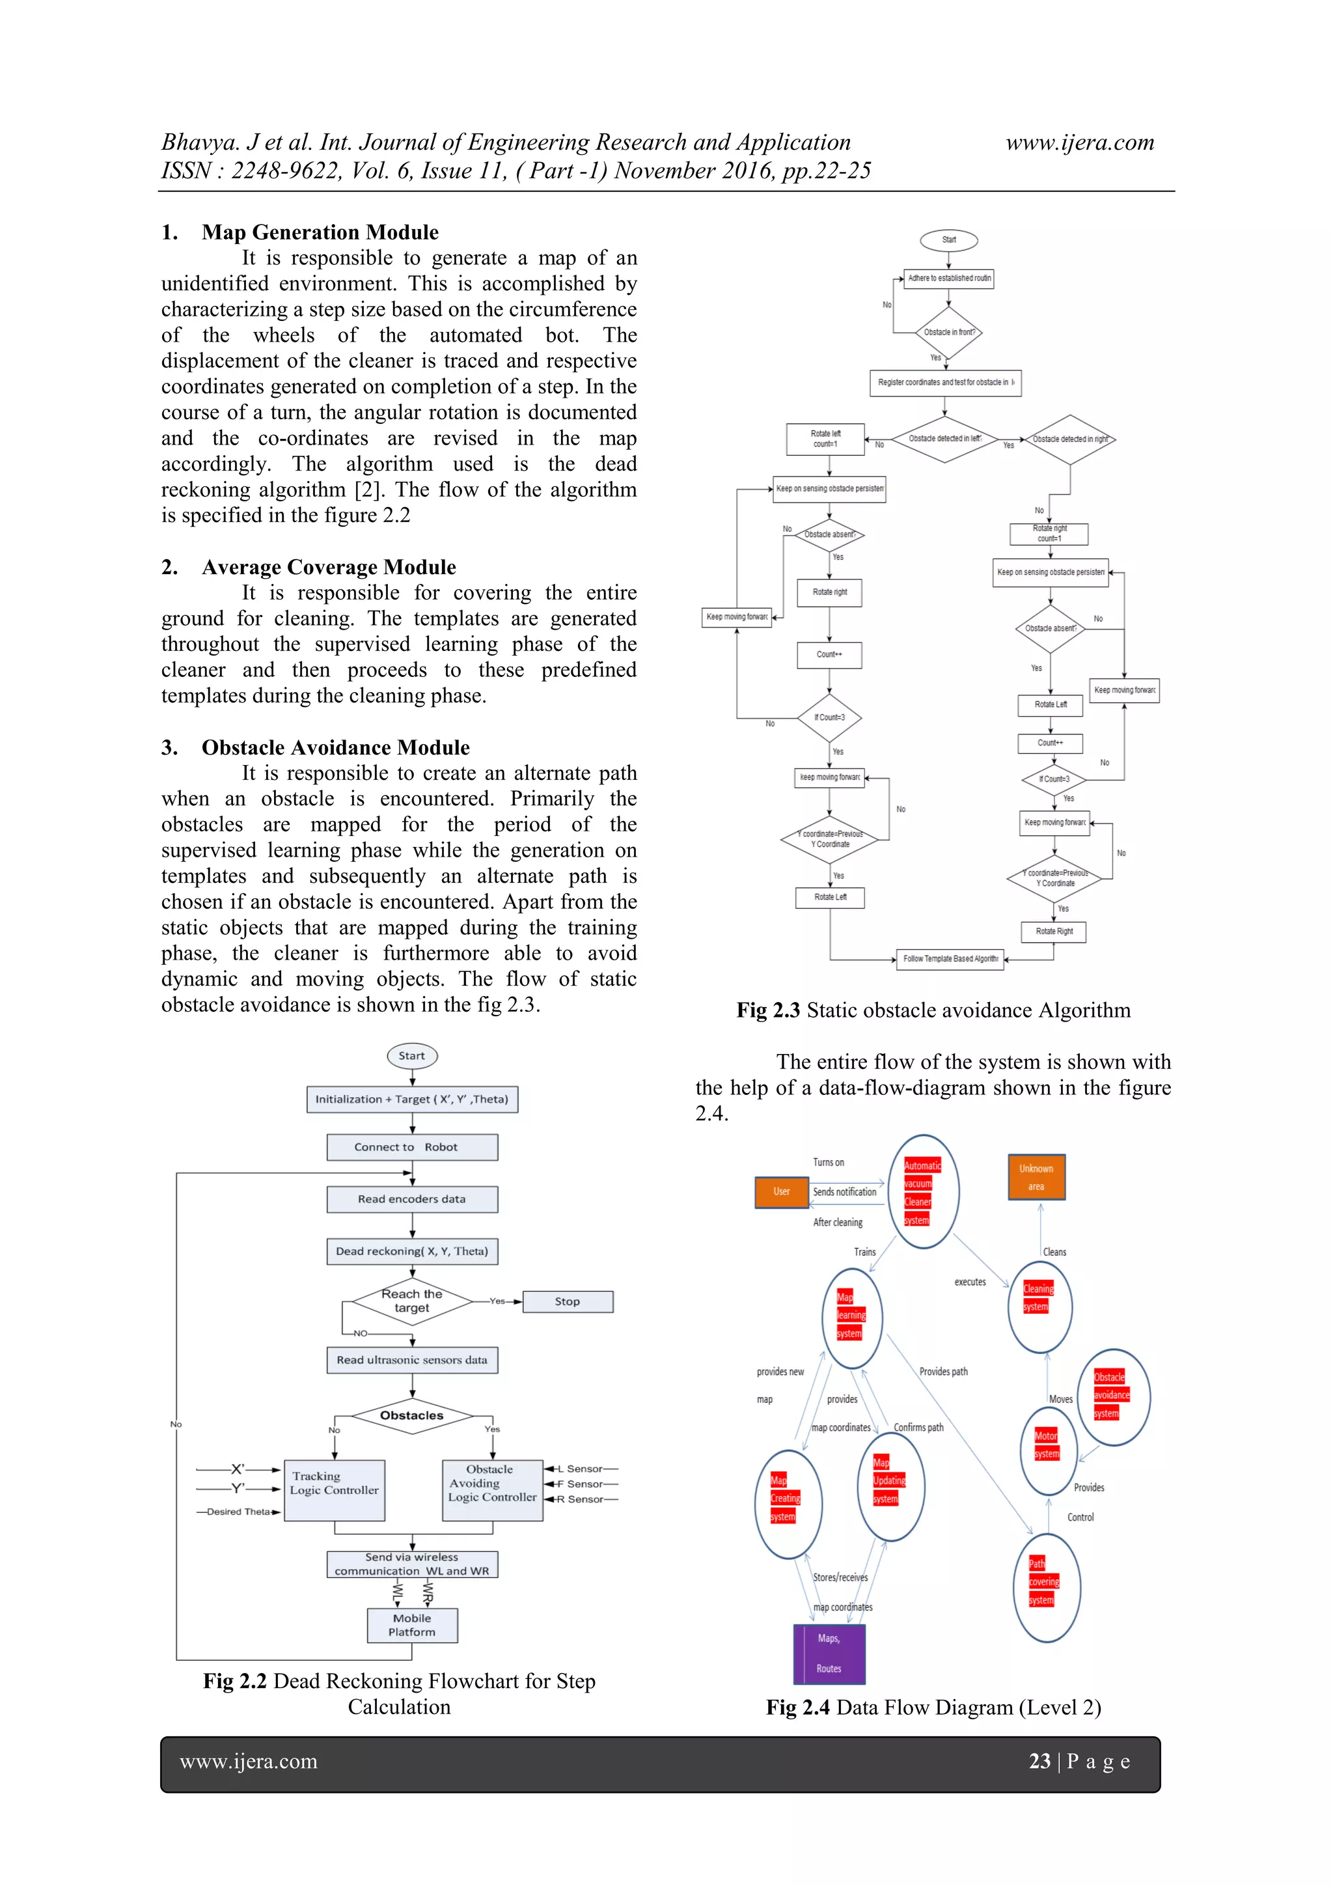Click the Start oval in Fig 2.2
tap(411, 1055)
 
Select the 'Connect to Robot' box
tap(411, 1146)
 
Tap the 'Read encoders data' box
tap(411, 1199)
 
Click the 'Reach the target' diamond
tap(411, 1301)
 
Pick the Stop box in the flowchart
tap(568, 1301)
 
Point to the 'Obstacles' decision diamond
tap(411, 1415)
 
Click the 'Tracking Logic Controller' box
tap(335, 1490)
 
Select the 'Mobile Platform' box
tap(411, 1625)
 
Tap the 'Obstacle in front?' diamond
tap(948, 333)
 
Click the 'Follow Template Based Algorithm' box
tap(950, 958)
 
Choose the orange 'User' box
tap(781, 1192)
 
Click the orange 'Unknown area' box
tap(1036, 1177)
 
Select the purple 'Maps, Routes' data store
tap(829, 1654)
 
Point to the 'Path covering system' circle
tap(1047, 1587)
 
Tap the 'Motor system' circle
tap(1048, 1450)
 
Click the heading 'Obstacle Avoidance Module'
tap(335, 747)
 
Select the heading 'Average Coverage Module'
tap(329, 567)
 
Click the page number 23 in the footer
tap(1040, 1761)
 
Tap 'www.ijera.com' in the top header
tap(1079, 143)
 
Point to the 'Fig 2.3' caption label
tap(768, 1010)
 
